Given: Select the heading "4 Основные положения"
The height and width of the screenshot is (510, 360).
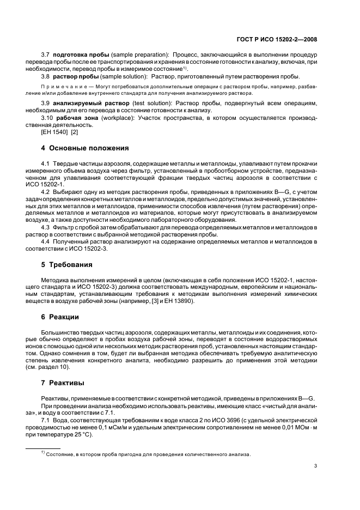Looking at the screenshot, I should point(85,148).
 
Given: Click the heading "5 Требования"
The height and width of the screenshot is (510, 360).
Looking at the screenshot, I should point(67,264).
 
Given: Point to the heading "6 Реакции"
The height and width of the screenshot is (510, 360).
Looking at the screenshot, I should point(60,317).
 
